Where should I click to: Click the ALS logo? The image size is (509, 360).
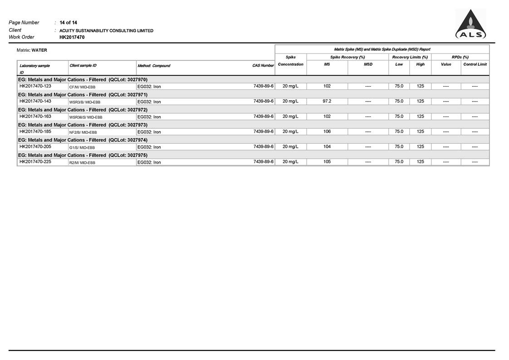[x=470, y=25]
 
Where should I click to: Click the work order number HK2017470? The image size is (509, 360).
[x=72, y=37]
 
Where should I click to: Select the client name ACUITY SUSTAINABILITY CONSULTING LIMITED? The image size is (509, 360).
[x=106, y=31]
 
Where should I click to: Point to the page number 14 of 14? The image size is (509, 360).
[x=68, y=23]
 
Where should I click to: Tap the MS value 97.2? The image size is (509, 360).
[x=327, y=101]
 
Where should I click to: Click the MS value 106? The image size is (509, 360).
[x=327, y=131]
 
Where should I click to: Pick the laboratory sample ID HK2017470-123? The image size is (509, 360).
[x=35, y=86]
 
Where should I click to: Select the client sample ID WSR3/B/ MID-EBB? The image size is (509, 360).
[x=85, y=102]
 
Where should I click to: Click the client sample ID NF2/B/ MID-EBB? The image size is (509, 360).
[x=83, y=132]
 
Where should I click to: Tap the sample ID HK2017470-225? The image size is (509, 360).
[x=35, y=162]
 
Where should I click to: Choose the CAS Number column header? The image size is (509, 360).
[x=263, y=66]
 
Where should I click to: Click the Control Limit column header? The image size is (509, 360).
[x=475, y=64]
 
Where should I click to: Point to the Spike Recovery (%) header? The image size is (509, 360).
[x=347, y=57]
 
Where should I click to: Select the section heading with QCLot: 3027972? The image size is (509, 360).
[x=83, y=110]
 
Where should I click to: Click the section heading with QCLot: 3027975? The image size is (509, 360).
[x=83, y=155]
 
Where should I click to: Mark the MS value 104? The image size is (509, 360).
[x=327, y=147]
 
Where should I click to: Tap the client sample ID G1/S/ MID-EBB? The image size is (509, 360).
[x=82, y=147]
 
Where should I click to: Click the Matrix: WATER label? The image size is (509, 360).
[x=32, y=50]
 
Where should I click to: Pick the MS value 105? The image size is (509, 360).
[x=327, y=162]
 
